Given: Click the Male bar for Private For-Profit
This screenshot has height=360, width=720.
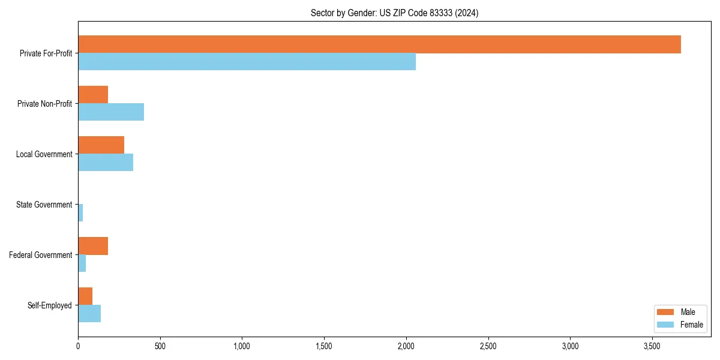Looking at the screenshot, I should [379, 44].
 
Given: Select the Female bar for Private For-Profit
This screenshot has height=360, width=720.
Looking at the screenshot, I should [247, 61].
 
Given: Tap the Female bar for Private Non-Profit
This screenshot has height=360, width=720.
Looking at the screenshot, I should [111, 112].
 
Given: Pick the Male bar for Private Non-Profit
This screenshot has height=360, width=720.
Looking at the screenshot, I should [93, 95].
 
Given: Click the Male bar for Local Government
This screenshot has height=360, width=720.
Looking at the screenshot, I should [101, 145].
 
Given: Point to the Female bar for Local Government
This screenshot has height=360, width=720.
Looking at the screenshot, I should [106, 163].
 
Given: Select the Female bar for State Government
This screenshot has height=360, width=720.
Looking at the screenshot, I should [80, 213].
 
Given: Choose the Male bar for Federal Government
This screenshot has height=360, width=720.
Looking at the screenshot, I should [93, 246].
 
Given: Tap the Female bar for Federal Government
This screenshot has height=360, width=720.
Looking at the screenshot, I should [82, 263].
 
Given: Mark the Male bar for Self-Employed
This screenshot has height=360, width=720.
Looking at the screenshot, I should [85, 296].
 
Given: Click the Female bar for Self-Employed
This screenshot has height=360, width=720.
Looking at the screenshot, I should [89, 314].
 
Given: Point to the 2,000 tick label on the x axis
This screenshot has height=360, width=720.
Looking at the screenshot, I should [406, 346].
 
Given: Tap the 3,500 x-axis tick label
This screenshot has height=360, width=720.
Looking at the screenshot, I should [652, 346].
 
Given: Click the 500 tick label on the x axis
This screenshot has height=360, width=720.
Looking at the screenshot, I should [160, 346].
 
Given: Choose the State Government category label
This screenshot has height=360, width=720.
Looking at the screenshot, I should [44, 205].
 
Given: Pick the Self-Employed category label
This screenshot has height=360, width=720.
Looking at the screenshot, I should [49, 305].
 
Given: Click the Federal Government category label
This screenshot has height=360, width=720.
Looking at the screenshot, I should [41, 255].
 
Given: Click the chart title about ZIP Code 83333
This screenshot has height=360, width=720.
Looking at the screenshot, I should [394, 13].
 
